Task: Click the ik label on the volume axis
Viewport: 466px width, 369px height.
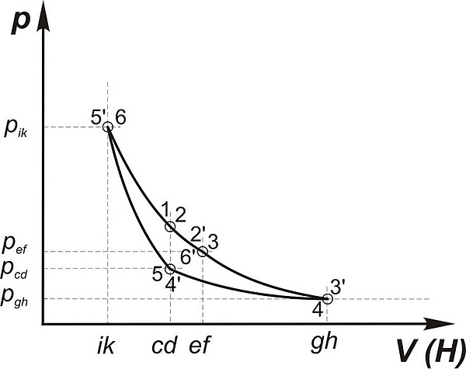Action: click(x=107, y=347)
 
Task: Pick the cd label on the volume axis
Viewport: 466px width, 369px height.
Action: click(x=169, y=347)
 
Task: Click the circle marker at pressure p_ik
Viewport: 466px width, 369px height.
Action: click(x=108, y=127)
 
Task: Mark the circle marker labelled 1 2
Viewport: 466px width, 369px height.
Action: click(x=170, y=226)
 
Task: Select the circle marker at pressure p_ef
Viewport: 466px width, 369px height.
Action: click(x=202, y=251)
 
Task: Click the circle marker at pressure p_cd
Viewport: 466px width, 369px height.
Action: click(x=170, y=269)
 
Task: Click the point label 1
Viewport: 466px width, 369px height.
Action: click(x=165, y=208)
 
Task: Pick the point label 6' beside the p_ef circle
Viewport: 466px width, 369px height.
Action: click(x=187, y=256)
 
